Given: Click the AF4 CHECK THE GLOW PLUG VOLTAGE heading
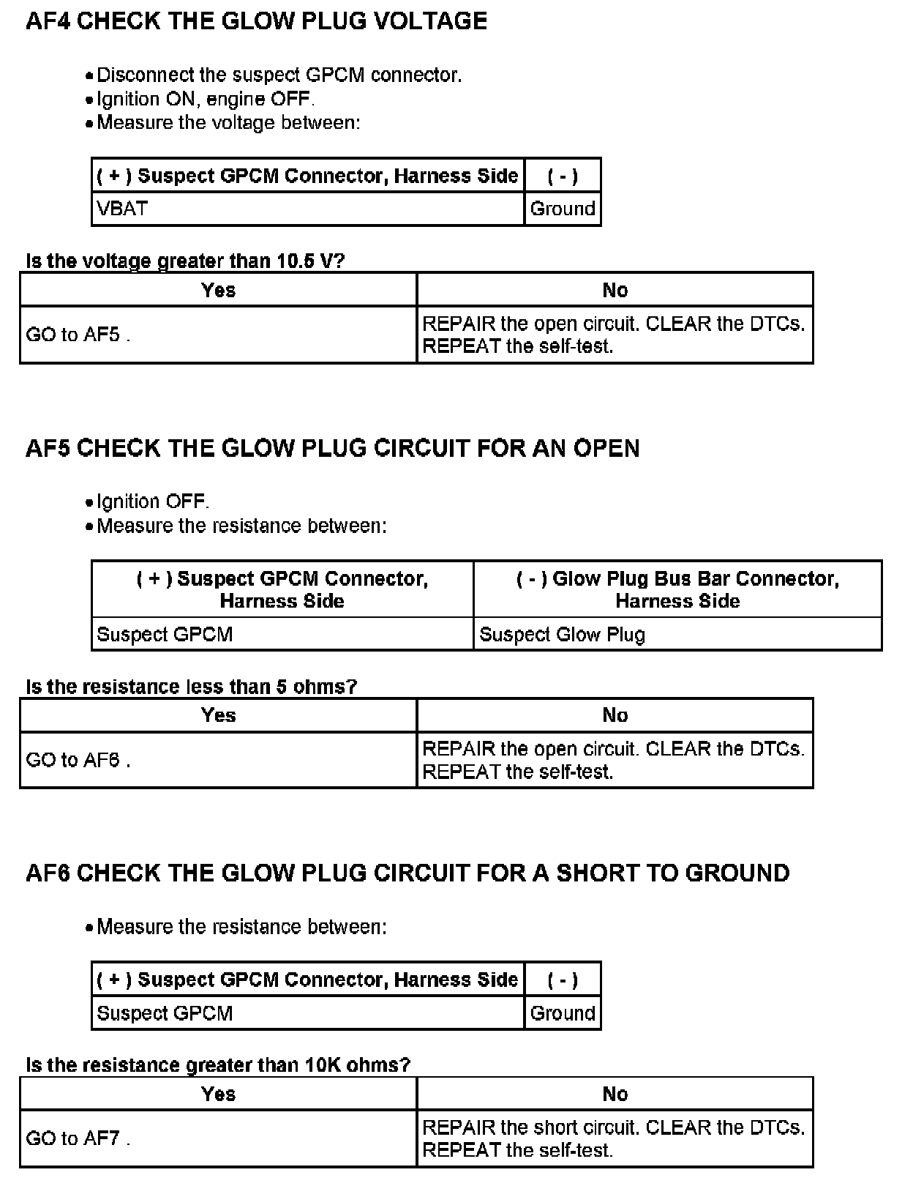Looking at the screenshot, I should (x=256, y=20).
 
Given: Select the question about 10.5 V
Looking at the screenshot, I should (x=185, y=261).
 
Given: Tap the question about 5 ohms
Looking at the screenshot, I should (x=191, y=687).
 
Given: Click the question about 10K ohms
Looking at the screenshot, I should (x=218, y=1064).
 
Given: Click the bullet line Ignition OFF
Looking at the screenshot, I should (x=152, y=501).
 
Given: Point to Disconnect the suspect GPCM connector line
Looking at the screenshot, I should (x=279, y=75).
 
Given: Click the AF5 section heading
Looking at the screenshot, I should (x=332, y=448).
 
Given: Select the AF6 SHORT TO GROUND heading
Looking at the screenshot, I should (x=407, y=873).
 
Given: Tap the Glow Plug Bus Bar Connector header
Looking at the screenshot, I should (x=677, y=589).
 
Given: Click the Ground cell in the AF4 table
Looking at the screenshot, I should (x=562, y=209).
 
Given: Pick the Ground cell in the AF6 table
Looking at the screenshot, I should (x=562, y=1013).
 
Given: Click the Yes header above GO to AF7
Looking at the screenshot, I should (x=218, y=1094).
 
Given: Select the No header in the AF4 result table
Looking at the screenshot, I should (x=615, y=290).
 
